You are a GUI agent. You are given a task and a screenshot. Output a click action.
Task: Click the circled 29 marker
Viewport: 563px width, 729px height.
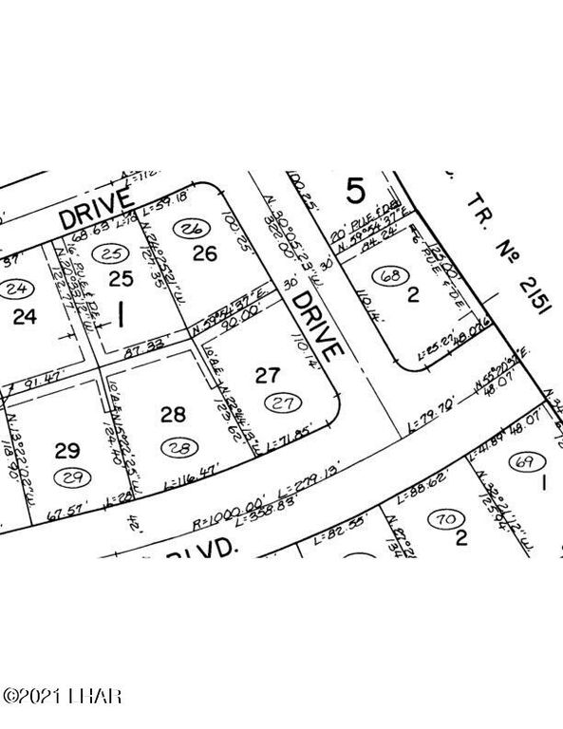click(x=67, y=475)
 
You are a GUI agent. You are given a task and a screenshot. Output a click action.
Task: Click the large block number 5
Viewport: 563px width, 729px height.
click(x=354, y=192)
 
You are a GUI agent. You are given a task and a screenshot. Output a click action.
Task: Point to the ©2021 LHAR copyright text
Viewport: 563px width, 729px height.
click(x=62, y=699)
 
